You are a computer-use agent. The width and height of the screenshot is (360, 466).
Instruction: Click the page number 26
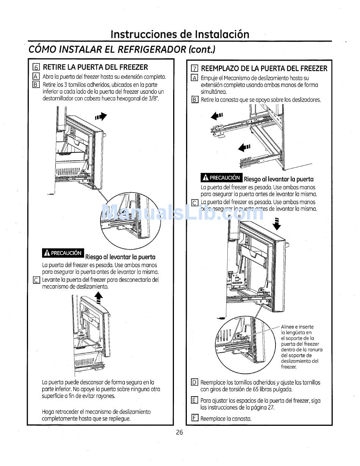(180, 433)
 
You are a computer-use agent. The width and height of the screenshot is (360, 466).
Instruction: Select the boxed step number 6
(36, 68)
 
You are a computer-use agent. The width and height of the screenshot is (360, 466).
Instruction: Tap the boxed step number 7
(194, 69)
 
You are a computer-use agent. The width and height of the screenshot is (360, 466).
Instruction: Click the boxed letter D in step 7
(194, 382)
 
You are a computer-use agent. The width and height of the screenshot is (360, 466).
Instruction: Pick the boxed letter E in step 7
(194, 400)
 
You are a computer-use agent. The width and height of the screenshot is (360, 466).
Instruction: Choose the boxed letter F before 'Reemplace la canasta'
(194, 419)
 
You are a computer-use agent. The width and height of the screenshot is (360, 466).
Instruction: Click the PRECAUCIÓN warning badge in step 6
(63, 253)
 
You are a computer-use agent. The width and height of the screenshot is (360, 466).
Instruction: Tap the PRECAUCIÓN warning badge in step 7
(221, 177)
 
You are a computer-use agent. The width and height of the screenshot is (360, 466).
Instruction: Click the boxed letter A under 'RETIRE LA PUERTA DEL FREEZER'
(36, 77)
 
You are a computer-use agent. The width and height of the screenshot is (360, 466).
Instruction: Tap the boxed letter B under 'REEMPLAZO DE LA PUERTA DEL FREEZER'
(194, 100)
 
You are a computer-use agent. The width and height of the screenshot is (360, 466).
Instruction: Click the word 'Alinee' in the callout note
(288, 327)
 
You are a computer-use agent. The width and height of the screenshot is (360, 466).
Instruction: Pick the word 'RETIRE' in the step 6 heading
(54, 67)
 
